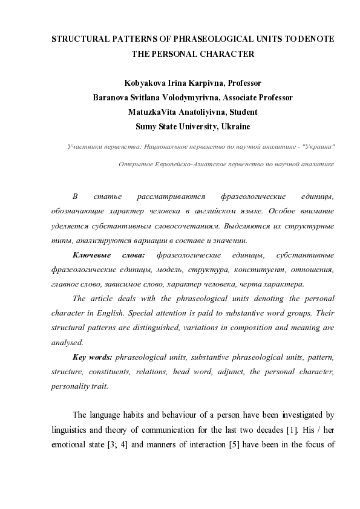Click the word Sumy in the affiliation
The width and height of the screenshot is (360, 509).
[x=146, y=126]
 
